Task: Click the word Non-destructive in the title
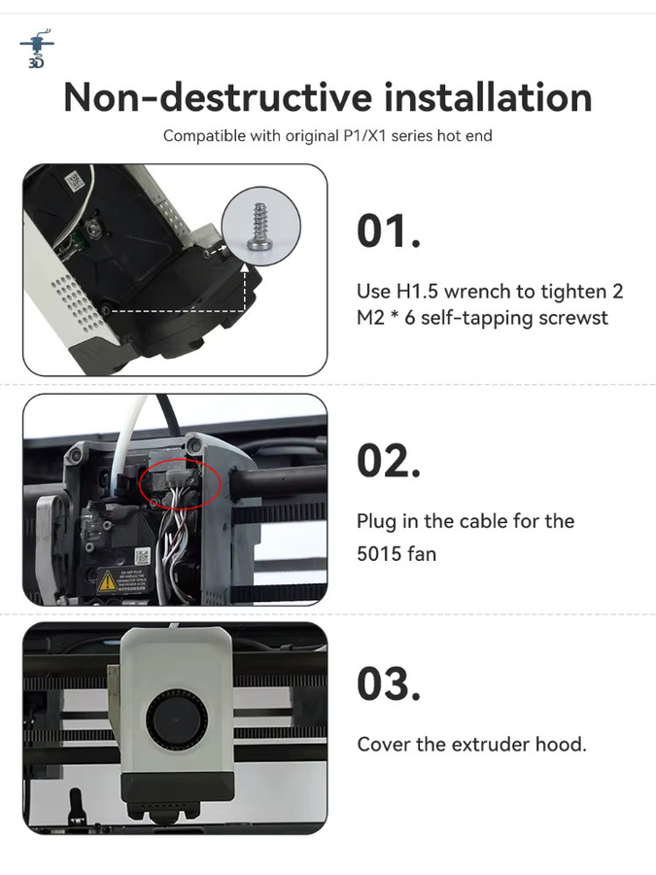(x=218, y=97)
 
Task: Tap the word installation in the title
(x=488, y=97)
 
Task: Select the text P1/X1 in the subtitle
(x=364, y=135)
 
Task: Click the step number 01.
(x=389, y=230)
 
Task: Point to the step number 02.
(x=389, y=461)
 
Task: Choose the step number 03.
(x=389, y=684)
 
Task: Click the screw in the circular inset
(x=259, y=226)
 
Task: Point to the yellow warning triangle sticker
(x=107, y=582)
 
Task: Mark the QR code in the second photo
(x=142, y=555)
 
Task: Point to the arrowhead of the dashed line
(x=244, y=268)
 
